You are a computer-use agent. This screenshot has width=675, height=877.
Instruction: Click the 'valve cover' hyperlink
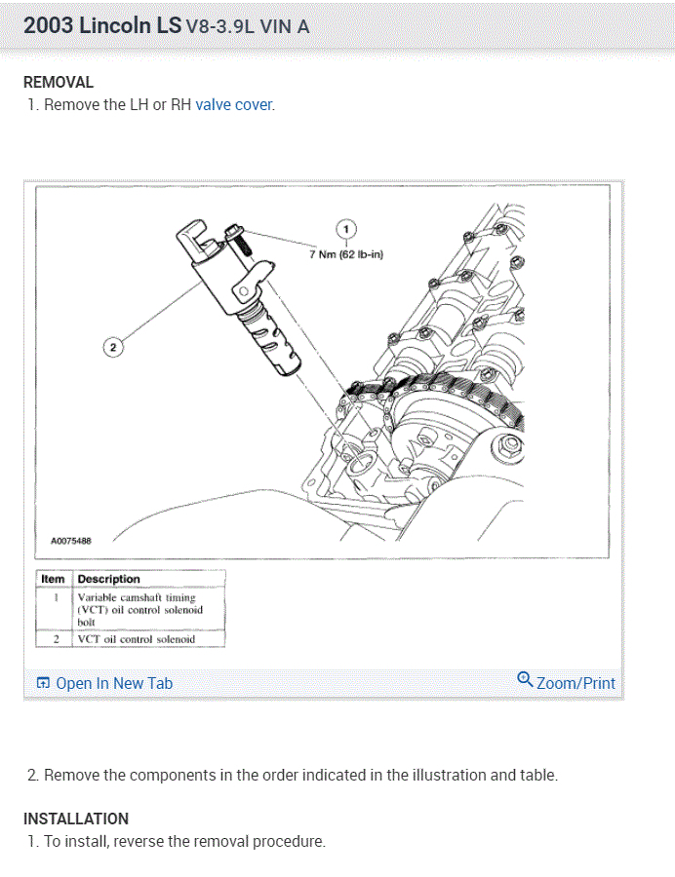point(234,105)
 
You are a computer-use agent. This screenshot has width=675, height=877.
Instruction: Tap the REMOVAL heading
point(59,83)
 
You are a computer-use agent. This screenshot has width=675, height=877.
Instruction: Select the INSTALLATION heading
point(76,819)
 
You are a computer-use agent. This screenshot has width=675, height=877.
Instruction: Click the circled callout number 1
point(345,228)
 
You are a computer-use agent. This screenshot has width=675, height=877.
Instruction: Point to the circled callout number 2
point(112,346)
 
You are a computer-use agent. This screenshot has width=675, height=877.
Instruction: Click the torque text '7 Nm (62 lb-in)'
point(346,255)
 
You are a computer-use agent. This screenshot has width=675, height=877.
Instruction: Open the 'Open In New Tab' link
point(114,683)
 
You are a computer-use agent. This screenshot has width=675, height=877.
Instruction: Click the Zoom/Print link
point(576,683)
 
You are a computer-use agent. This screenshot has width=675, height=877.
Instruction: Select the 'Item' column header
point(53,579)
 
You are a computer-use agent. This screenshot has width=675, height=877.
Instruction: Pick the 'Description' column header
point(109,579)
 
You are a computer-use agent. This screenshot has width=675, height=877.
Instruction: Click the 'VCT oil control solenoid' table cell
point(137,639)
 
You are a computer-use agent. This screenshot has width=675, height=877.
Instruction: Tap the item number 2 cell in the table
point(56,639)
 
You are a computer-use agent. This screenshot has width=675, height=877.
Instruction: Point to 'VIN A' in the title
point(285,26)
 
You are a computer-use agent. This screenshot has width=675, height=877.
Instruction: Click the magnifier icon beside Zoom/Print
point(525,679)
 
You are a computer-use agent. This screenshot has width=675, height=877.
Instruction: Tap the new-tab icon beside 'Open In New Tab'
point(42,683)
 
